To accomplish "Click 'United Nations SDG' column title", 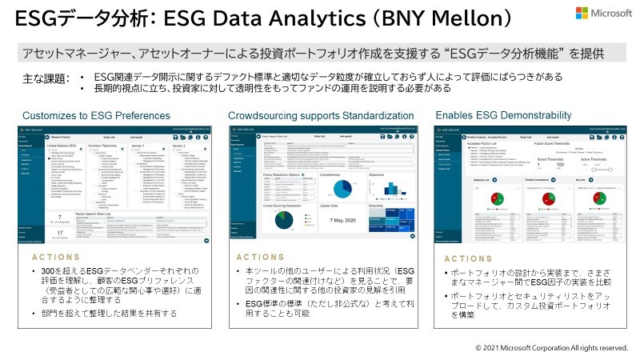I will tap(65, 146).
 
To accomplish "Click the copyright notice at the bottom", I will tap(552, 348).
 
